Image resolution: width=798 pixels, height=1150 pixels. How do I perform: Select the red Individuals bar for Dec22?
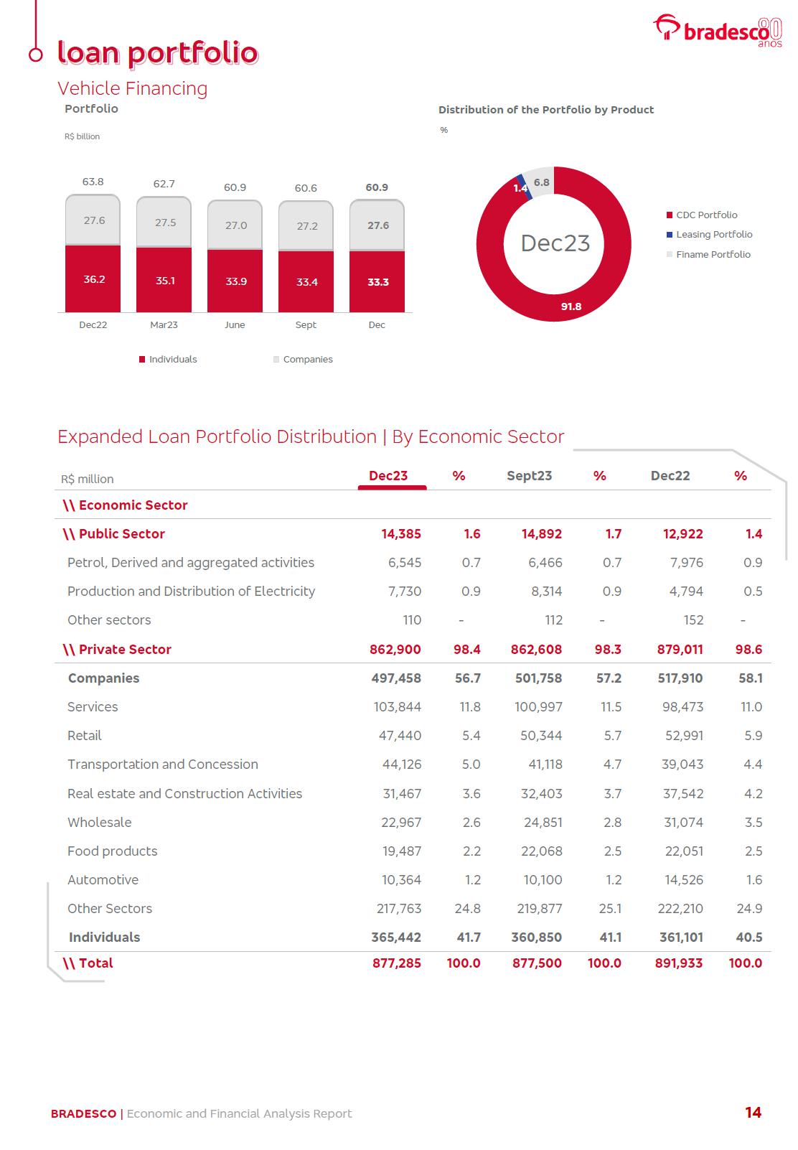93,279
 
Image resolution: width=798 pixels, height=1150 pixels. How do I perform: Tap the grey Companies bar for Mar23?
164,223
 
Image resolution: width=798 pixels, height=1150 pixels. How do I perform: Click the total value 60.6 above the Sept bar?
306,188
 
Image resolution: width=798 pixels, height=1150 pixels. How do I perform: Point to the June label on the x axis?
235,325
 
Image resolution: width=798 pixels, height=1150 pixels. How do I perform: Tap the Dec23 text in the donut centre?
555,243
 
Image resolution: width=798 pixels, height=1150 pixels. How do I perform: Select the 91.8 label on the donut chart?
571,307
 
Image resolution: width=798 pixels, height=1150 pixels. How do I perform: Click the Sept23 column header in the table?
529,476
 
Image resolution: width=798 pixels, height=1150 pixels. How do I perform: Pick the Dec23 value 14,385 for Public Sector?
401,534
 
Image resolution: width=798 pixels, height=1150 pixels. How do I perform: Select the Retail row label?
85,736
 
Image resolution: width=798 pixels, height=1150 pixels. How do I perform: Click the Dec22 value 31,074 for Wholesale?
683,823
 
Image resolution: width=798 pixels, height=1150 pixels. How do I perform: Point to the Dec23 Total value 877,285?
397,963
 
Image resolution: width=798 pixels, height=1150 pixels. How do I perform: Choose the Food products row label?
113,851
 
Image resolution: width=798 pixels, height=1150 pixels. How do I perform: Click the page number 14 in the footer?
753,1113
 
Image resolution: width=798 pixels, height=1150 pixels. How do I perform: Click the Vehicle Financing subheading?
133,88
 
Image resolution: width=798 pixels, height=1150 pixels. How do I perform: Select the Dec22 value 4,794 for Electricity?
686,592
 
